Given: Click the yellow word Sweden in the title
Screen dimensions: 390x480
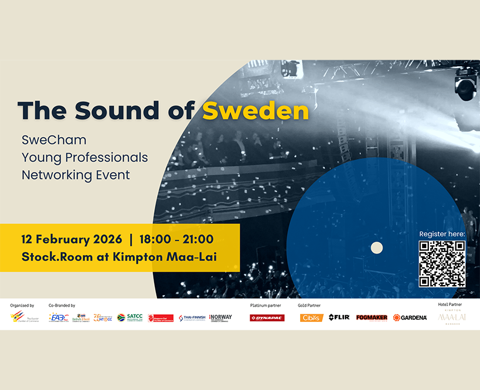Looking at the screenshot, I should point(255,110).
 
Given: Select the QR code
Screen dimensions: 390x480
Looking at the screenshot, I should point(442,263).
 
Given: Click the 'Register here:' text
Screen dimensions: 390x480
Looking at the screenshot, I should point(442,234).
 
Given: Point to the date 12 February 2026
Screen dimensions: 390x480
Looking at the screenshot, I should point(72,239).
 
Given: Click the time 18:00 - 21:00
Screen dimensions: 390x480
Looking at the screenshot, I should point(176,239).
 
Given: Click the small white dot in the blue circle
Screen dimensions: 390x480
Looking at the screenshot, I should point(377,247).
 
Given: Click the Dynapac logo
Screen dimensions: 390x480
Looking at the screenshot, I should point(267,318).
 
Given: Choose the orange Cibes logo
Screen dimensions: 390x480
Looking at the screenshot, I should point(311,318).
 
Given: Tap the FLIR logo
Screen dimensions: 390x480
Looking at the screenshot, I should point(339,317).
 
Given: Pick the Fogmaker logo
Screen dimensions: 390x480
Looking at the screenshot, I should point(372,318).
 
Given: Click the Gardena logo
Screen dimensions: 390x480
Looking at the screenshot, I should point(410,318).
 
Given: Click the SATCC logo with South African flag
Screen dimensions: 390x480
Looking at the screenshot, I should point(130,317).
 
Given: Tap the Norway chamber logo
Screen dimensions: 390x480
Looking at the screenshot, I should point(220,318).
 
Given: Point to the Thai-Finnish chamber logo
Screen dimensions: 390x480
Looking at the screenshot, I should point(192,318).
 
